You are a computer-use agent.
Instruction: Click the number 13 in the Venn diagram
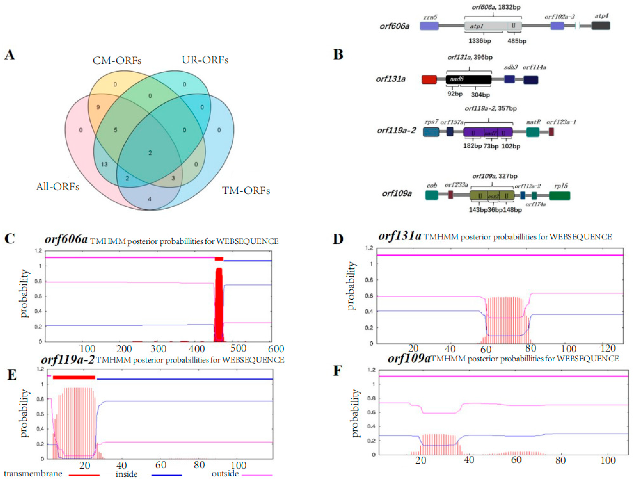click(104, 164)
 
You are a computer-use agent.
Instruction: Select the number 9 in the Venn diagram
click(98, 107)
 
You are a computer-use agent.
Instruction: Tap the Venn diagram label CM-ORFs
click(117, 60)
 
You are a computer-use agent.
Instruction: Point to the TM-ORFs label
click(246, 191)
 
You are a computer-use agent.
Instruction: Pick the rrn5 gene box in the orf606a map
click(429, 26)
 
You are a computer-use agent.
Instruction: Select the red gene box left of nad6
click(429, 79)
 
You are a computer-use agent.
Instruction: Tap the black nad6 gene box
click(468, 79)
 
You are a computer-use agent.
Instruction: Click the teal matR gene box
click(532, 132)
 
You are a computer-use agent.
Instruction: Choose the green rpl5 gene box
click(559, 195)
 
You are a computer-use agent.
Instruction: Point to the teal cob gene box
click(431, 195)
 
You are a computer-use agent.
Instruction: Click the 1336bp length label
click(479, 41)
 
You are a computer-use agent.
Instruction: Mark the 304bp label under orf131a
click(480, 94)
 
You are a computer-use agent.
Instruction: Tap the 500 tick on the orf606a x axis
click(238, 349)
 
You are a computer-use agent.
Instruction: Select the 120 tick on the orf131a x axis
click(608, 348)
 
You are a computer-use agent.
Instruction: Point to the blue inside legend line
click(166, 475)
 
